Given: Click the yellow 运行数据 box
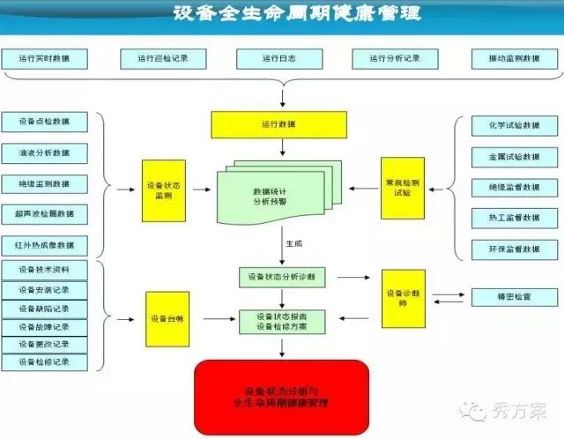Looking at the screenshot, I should click(279, 125).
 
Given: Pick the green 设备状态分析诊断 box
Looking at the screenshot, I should click(281, 277).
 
